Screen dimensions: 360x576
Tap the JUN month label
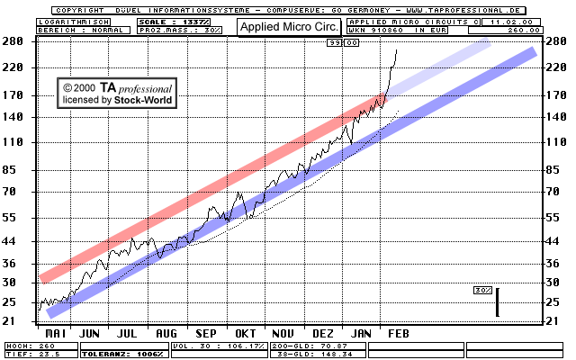90,333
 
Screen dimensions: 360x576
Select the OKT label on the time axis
246,333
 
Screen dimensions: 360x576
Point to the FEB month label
398,333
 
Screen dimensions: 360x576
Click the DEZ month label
323,333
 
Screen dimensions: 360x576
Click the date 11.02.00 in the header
510,21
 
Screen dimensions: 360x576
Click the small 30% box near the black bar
482,291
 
